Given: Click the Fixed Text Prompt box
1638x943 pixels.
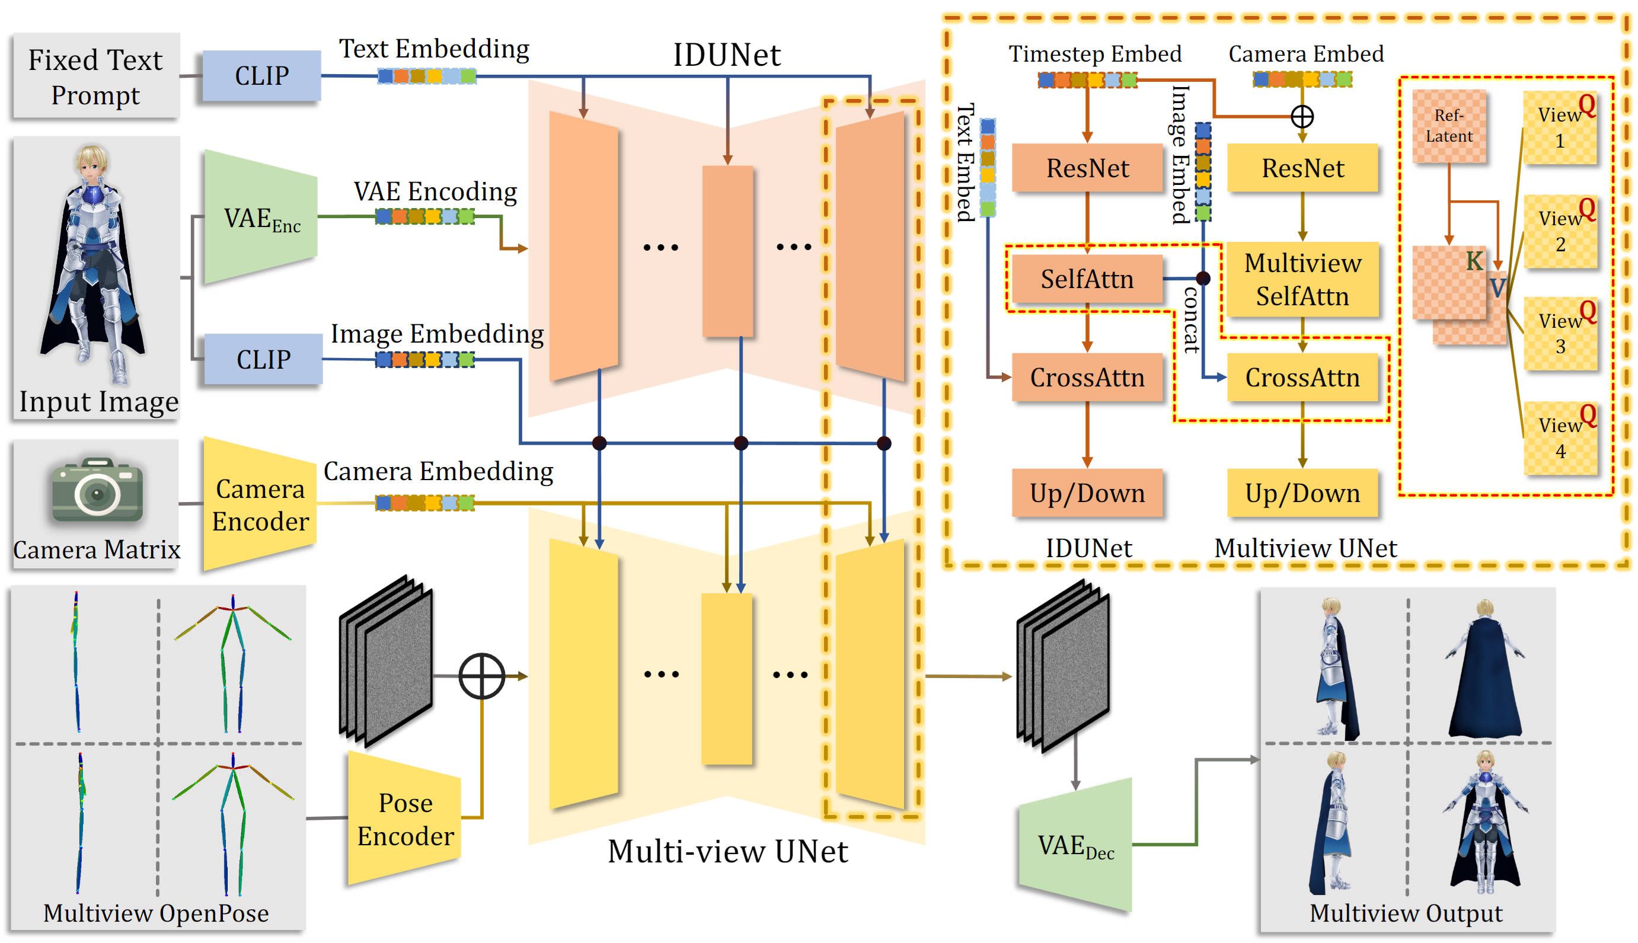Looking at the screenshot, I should pyautogui.click(x=95, y=76).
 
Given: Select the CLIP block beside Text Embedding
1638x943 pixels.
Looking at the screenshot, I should pyautogui.click(x=261, y=76).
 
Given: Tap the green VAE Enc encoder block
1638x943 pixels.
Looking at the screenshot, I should pyautogui.click(x=260, y=218).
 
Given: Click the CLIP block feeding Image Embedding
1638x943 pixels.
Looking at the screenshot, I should pyautogui.click(x=263, y=359).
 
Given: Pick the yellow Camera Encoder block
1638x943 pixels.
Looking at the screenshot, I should pyautogui.click(x=260, y=504).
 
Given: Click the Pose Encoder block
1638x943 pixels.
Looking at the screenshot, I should pyautogui.click(x=405, y=819).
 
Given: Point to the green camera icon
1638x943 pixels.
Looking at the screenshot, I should pyautogui.click(x=97, y=490).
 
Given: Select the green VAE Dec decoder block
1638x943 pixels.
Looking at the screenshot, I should pyautogui.click(x=1075, y=845).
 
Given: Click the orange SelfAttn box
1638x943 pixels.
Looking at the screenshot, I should pyautogui.click(x=1087, y=279).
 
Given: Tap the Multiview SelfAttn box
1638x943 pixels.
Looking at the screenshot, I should pyautogui.click(x=1302, y=279).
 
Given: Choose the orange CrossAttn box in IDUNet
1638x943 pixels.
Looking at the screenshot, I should pyautogui.click(x=1087, y=378).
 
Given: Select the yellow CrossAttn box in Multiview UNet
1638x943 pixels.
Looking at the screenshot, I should pyautogui.click(x=1302, y=378).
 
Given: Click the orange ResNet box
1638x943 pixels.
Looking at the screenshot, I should pyautogui.click(x=1087, y=168).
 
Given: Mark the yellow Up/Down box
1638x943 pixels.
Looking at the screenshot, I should pyautogui.click(x=1302, y=494).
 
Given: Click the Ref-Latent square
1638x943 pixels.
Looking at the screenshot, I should pyautogui.click(x=1448, y=126).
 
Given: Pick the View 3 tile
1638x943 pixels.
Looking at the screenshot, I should pyautogui.click(x=1560, y=334).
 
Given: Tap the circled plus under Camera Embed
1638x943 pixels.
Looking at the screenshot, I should pyautogui.click(x=1302, y=117).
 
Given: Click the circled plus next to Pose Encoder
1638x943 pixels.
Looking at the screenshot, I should pyautogui.click(x=481, y=676).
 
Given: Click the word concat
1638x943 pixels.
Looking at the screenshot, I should pyautogui.click(x=1190, y=321).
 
